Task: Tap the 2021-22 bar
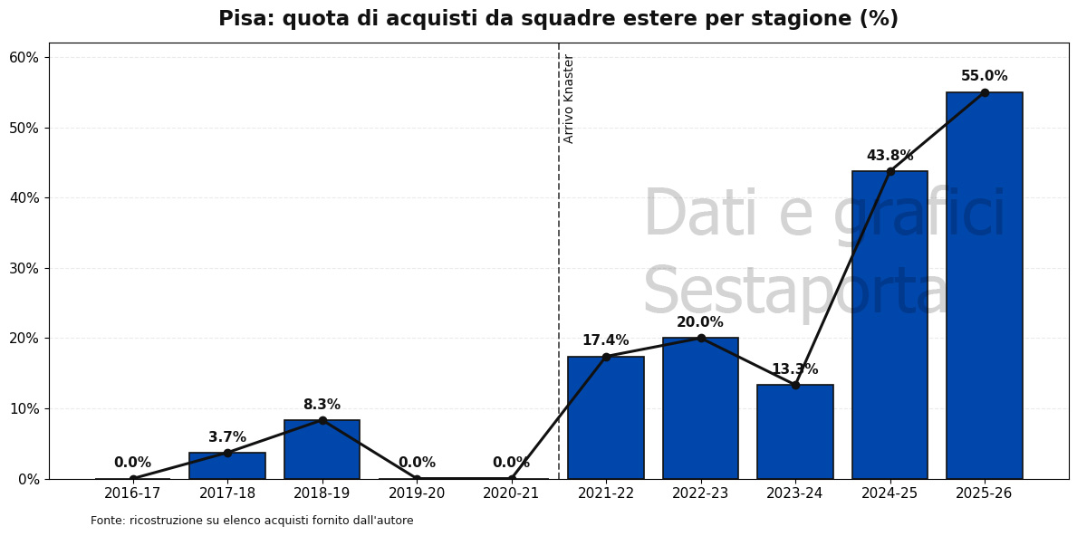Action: pos(606,417)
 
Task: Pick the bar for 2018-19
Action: pos(322,449)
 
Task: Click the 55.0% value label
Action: pos(984,76)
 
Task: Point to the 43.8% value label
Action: pos(889,156)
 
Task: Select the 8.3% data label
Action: pos(322,405)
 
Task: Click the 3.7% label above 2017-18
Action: pos(227,437)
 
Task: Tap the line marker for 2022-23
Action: pos(700,338)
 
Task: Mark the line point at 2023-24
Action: pos(795,385)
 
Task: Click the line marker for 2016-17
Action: pos(133,479)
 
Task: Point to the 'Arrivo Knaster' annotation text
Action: pos(569,98)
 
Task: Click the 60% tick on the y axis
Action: pos(24,57)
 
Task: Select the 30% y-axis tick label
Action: pos(24,268)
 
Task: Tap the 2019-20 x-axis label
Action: pos(417,493)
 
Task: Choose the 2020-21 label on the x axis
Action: pos(511,493)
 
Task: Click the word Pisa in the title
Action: pos(246,19)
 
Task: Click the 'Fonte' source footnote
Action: pos(252,521)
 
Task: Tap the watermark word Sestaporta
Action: pos(795,292)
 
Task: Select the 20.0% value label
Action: pos(700,322)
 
